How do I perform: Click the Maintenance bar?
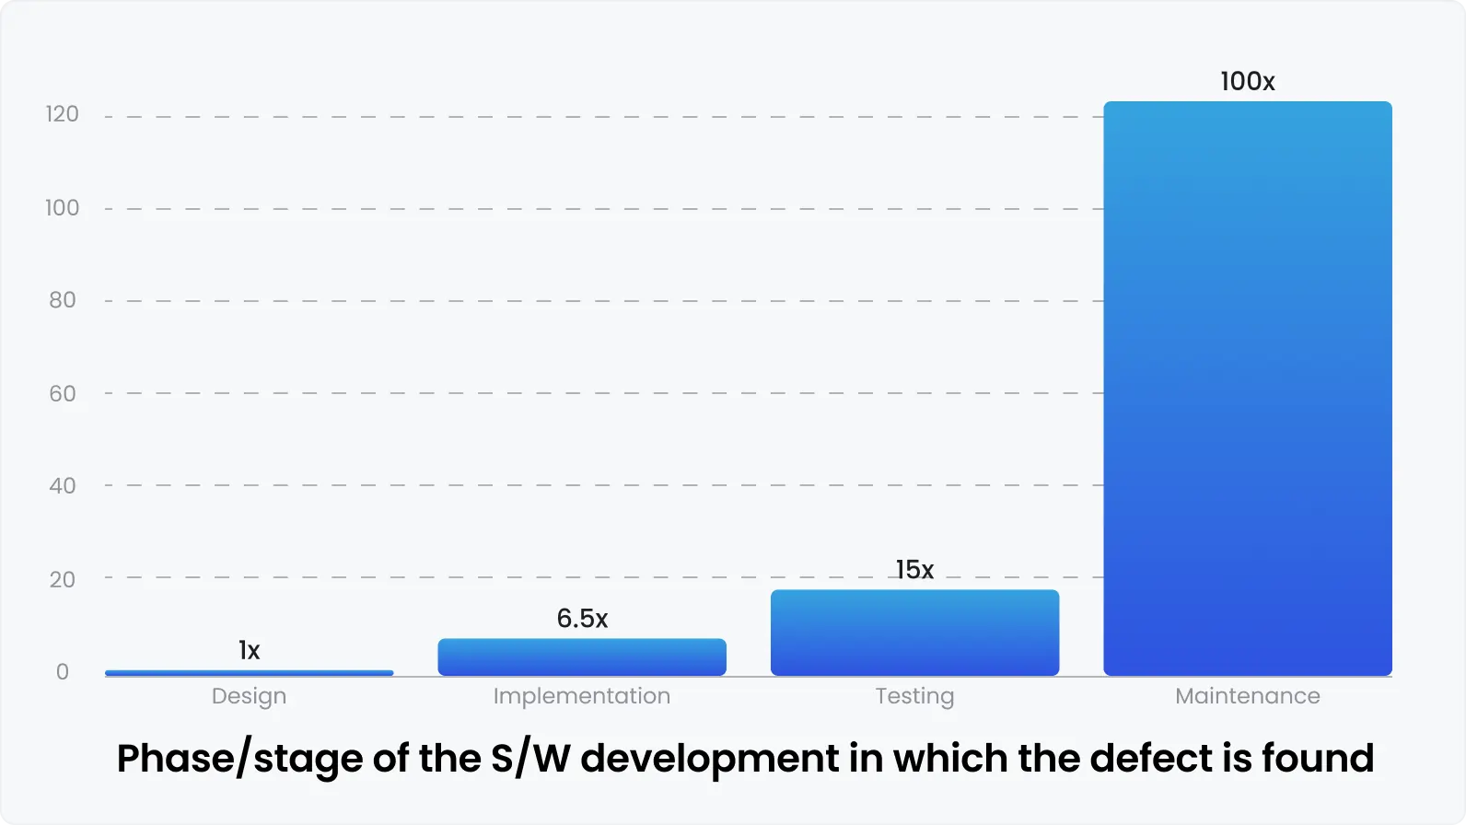click(1248, 389)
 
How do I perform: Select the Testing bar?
click(914, 633)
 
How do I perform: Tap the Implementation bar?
click(582, 657)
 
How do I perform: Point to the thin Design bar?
click(249, 673)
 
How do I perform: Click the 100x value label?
click(1248, 82)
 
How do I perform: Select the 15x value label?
click(914, 570)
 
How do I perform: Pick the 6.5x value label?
click(582, 619)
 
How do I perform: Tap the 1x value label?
click(249, 651)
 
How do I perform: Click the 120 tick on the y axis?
click(62, 114)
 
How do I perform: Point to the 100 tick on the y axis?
click(62, 208)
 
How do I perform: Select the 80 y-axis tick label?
click(62, 300)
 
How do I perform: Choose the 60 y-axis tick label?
click(62, 394)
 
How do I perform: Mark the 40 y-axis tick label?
click(62, 486)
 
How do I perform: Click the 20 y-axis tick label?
click(62, 580)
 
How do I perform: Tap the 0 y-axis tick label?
click(62, 672)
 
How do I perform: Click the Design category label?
click(249, 697)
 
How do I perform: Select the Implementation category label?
click(582, 696)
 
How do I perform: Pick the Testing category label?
click(914, 697)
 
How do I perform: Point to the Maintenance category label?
click(1248, 696)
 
